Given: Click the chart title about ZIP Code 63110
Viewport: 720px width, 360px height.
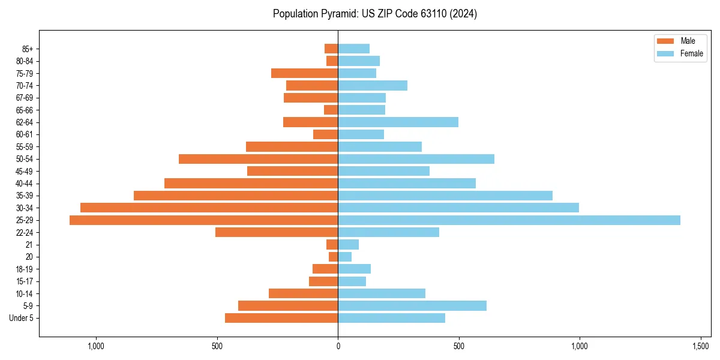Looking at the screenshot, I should [x=374, y=14].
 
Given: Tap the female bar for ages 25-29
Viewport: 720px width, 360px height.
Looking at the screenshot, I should [x=509, y=220].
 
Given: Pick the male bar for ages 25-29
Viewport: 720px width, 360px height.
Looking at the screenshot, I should [x=203, y=220].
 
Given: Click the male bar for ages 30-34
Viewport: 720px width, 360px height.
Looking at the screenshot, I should [x=209, y=208].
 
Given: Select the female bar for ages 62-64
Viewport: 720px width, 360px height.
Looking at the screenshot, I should [x=398, y=122].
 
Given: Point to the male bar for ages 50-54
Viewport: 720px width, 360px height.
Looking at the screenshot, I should [x=258, y=159].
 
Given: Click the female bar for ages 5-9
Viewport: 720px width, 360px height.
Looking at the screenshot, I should [x=412, y=306].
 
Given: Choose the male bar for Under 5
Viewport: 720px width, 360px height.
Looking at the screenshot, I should [x=281, y=318].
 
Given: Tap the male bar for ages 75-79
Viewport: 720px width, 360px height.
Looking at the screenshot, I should [x=304, y=73].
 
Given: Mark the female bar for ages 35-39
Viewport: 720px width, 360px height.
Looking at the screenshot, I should [x=445, y=196].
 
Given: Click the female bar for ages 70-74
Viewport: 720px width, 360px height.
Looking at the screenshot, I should [x=373, y=86].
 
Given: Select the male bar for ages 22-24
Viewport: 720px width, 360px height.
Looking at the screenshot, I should [x=277, y=232].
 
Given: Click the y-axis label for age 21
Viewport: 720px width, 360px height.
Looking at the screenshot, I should [x=29, y=245].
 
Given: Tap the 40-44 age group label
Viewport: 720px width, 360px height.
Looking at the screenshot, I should [x=24, y=184].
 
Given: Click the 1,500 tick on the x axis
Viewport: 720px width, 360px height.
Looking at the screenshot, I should [x=701, y=346].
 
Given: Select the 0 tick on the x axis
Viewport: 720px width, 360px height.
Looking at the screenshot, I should [x=338, y=346].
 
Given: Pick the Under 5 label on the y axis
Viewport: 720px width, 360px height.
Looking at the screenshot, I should [x=21, y=318].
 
